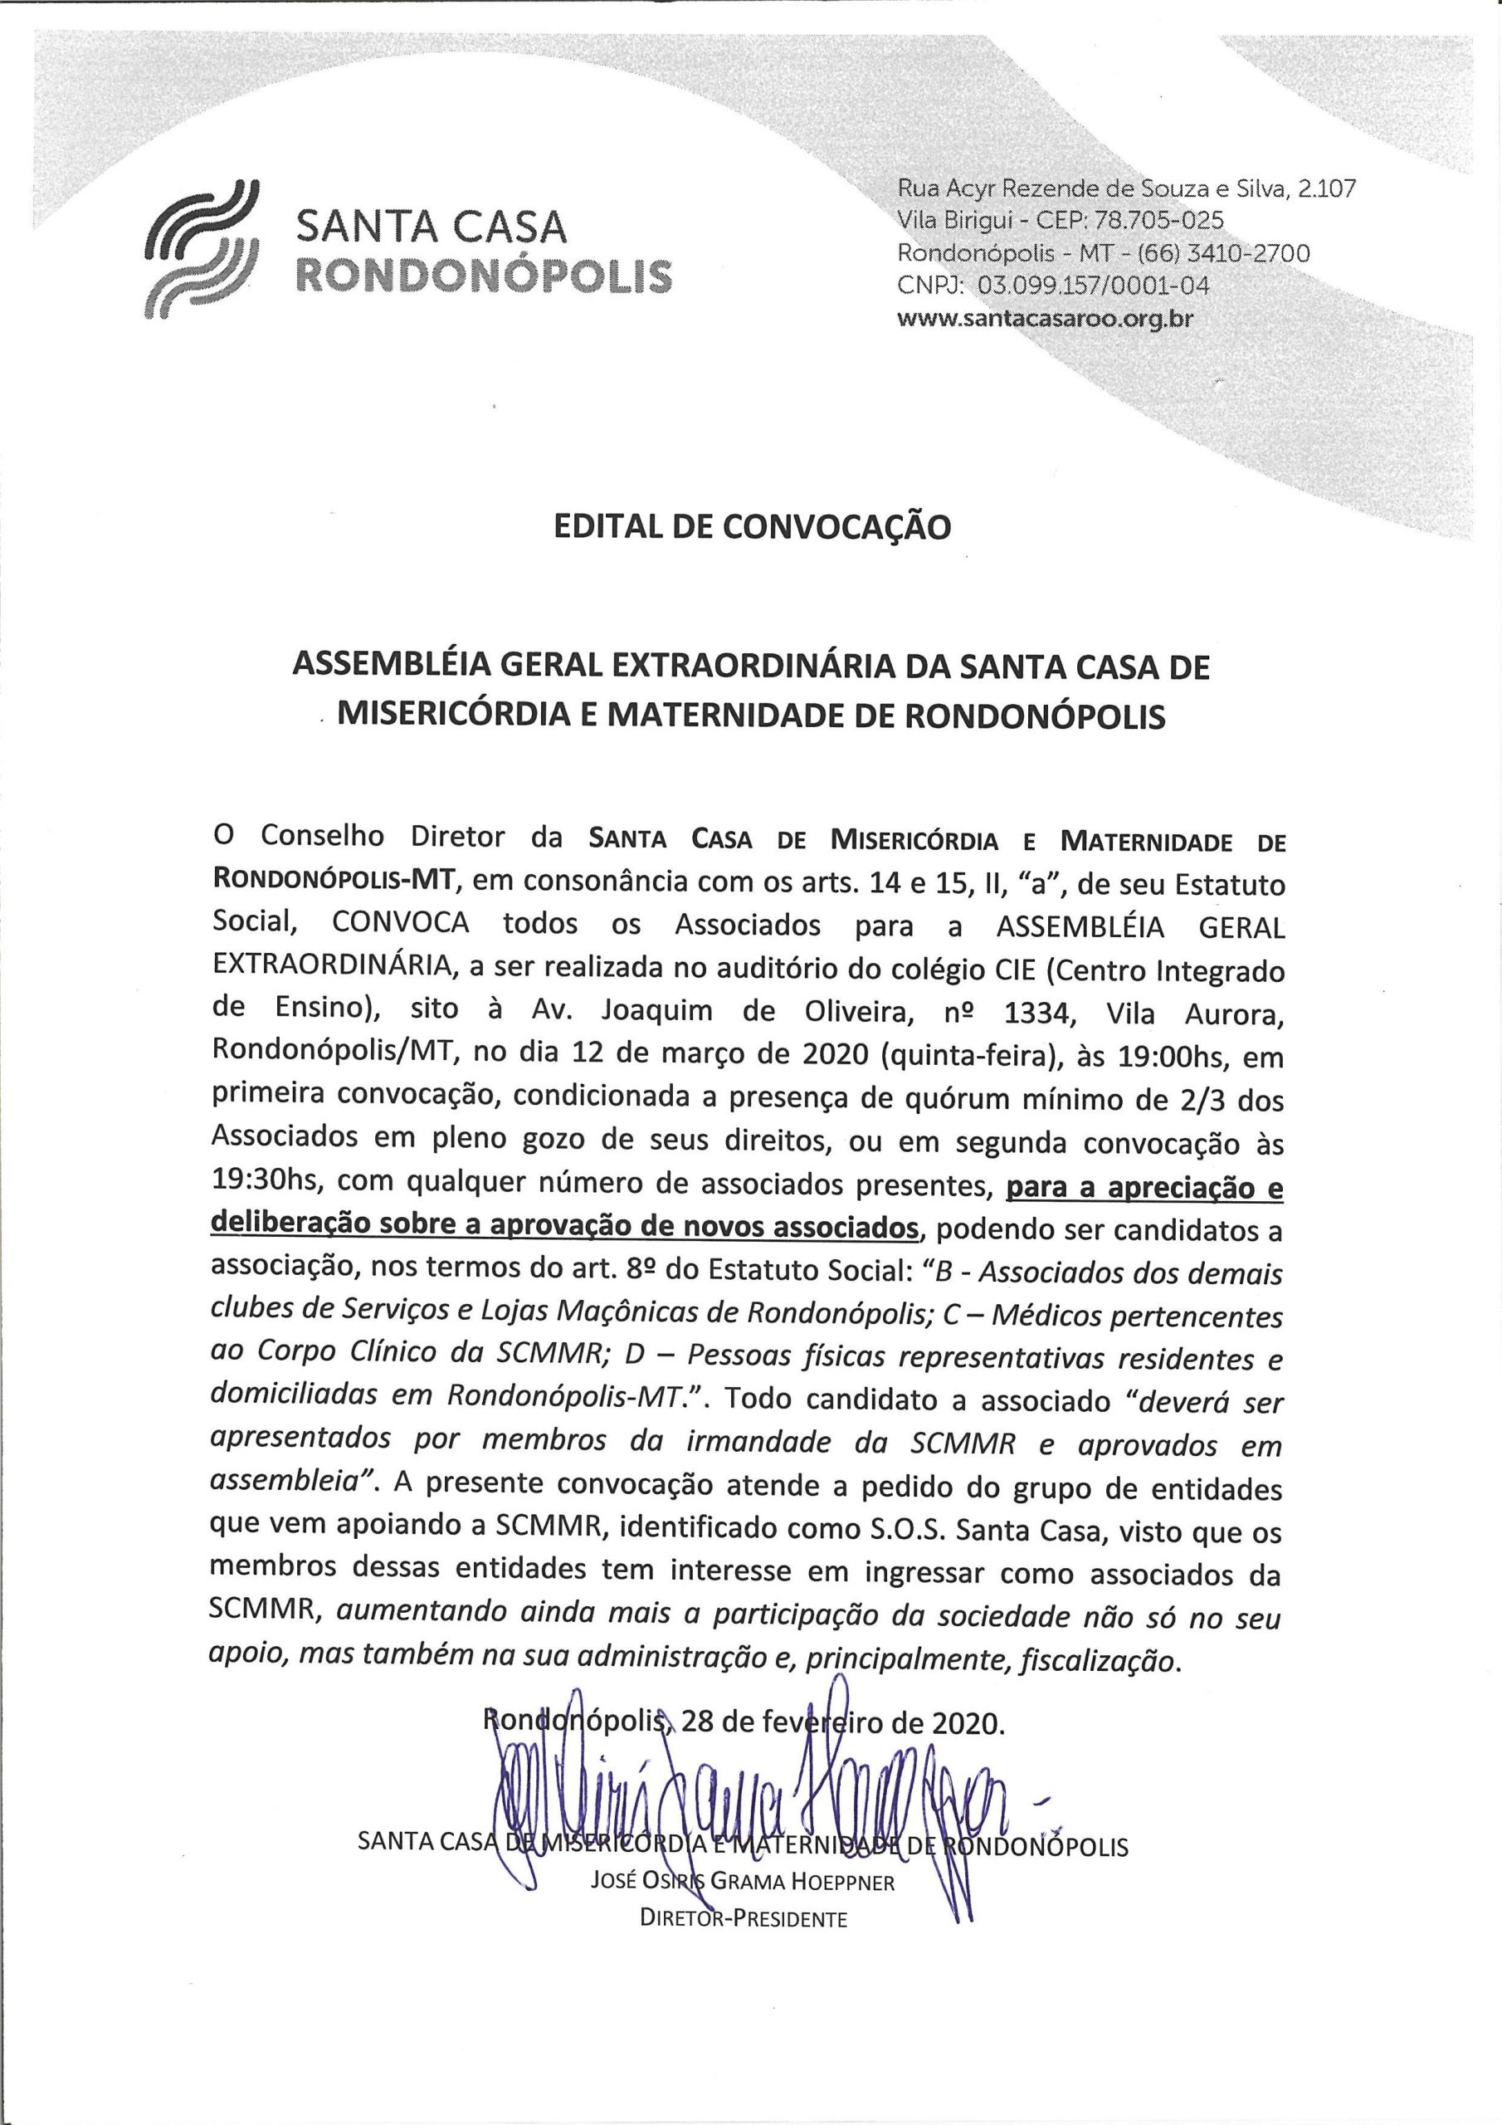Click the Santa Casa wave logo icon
tap(201, 247)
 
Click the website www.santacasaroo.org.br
tap(1045, 319)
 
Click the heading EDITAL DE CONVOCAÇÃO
tap(752, 526)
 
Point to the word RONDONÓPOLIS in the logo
tap(482, 276)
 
